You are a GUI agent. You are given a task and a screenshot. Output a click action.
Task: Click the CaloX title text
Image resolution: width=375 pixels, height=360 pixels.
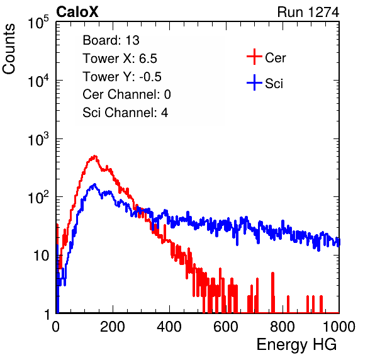(x=77, y=12)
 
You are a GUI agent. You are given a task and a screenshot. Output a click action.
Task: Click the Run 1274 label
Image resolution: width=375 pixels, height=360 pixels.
(x=308, y=12)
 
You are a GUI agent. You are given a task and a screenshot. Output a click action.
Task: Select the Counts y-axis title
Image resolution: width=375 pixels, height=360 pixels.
(x=9, y=49)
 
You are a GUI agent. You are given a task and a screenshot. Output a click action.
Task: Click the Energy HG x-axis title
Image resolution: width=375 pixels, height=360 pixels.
(x=296, y=345)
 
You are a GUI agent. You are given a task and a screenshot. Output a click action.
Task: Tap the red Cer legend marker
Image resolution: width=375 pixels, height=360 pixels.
(x=254, y=57)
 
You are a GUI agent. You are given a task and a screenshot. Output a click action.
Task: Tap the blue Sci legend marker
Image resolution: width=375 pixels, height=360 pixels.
(x=254, y=82)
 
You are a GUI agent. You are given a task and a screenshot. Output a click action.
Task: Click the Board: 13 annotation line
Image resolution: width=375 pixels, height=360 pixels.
(x=111, y=40)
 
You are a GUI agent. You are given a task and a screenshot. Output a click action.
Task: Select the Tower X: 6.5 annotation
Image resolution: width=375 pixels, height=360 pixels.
(x=120, y=59)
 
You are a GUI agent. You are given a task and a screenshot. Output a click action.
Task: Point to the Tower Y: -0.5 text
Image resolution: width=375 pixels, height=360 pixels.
(x=122, y=77)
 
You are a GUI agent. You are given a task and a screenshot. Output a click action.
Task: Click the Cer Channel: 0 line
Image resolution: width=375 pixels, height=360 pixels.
(x=126, y=94)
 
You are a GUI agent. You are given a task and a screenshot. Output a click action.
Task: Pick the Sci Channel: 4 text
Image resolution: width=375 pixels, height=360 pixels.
(x=125, y=113)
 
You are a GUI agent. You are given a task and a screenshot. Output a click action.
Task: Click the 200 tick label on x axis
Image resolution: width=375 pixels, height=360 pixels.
(x=113, y=327)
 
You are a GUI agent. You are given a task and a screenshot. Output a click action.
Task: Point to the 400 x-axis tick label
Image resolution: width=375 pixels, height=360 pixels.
(x=169, y=327)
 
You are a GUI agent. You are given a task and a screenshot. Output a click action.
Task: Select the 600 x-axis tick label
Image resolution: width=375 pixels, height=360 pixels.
(x=226, y=327)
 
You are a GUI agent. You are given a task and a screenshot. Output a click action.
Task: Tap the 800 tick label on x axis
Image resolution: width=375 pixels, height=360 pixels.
(x=283, y=327)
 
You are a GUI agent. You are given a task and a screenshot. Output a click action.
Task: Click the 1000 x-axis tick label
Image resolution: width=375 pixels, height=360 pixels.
(x=339, y=327)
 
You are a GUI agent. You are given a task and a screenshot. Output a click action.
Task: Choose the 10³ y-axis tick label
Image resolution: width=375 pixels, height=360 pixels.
(x=38, y=139)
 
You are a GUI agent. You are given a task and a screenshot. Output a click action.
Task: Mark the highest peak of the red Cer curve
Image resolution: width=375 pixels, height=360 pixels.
(x=95, y=156)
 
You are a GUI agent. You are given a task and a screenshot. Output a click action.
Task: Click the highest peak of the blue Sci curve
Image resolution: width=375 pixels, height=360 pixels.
(x=95, y=184)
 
